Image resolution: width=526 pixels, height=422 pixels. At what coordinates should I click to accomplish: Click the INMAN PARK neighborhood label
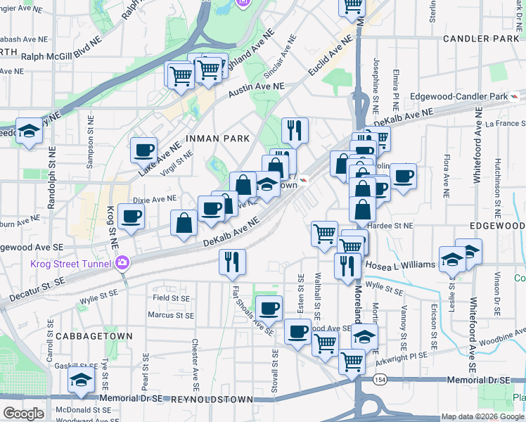click(217, 139)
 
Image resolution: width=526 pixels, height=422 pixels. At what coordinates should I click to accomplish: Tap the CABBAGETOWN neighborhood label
click(94, 336)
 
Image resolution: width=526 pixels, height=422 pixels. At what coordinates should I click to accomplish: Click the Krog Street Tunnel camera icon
click(124, 264)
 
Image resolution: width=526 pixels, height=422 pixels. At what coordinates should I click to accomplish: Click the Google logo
click(23, 414)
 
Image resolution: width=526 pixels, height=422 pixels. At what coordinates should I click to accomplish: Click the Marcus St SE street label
click(170, 314)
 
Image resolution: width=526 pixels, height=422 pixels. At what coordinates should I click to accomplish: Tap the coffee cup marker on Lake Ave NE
click(144, 149)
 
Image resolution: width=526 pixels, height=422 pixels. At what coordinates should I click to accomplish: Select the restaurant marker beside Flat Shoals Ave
click(232, 262)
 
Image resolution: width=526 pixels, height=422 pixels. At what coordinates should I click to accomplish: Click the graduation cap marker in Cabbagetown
click(82, 381)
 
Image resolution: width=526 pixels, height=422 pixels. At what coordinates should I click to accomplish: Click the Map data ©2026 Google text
click(482, 416)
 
